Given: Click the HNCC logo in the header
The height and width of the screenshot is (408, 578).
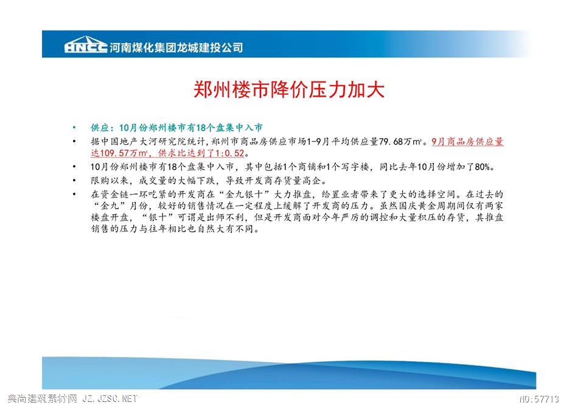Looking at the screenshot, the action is (x=86, y=45).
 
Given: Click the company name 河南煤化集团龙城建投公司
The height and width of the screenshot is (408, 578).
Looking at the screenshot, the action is (x=176, y=47).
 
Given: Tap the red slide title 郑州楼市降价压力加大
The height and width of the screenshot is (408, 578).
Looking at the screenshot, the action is (x=289, y=89).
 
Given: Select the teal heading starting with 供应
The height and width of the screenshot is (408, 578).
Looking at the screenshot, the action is (x=176, y=128).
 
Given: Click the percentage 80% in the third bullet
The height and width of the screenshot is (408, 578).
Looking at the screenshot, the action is (x=482, y=167).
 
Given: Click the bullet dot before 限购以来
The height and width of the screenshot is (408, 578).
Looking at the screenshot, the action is (x=74, y=181).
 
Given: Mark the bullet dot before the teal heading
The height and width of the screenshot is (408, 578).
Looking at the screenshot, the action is (x=74, y=128).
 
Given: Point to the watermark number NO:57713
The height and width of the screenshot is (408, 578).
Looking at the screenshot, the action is (x=539, y=399).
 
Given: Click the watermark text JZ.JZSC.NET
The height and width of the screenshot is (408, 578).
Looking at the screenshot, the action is (x=110, y=398).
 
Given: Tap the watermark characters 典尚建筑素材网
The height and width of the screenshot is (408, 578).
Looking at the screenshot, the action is (x=42, y=398).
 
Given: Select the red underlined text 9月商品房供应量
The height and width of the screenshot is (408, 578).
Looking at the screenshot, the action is (x=467, y=142).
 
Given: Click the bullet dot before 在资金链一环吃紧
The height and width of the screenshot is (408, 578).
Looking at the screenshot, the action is (x=74, y=195).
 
